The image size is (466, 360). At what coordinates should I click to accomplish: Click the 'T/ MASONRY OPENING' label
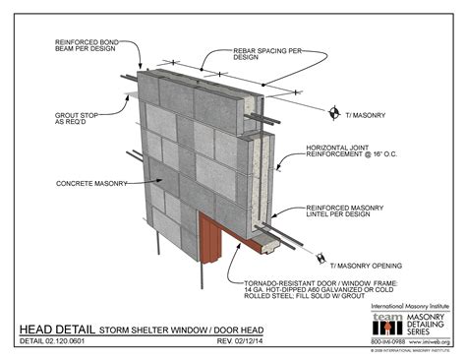pos(366,264)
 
